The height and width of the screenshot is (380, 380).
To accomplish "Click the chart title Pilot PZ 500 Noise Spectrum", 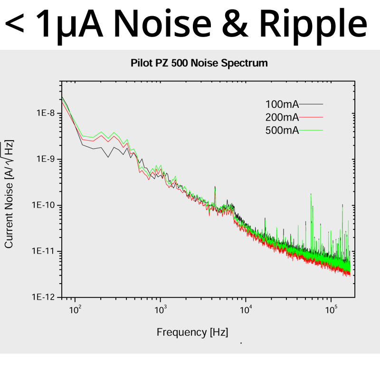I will [199, 63].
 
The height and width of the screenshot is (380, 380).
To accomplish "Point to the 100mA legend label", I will [282, 104].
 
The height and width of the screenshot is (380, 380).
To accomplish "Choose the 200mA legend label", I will [282, 117].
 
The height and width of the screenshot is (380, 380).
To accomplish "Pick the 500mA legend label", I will [282, 131].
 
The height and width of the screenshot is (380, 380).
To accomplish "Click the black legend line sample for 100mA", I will [311, 104].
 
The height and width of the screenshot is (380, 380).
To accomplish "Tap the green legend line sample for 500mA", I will [311, 130].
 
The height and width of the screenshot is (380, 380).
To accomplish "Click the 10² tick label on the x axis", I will [75, 310].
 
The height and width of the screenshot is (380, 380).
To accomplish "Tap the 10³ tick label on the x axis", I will [161, 310].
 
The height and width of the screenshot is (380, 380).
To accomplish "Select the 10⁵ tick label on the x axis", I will [331, 310].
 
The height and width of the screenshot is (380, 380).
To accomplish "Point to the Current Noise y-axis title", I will [9, 194].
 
